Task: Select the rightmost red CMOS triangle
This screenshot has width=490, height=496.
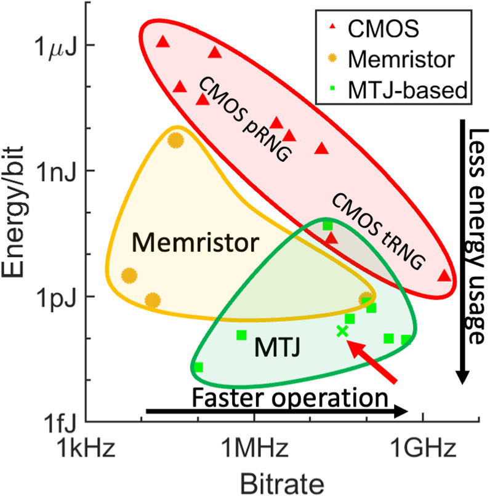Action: point(444,276)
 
